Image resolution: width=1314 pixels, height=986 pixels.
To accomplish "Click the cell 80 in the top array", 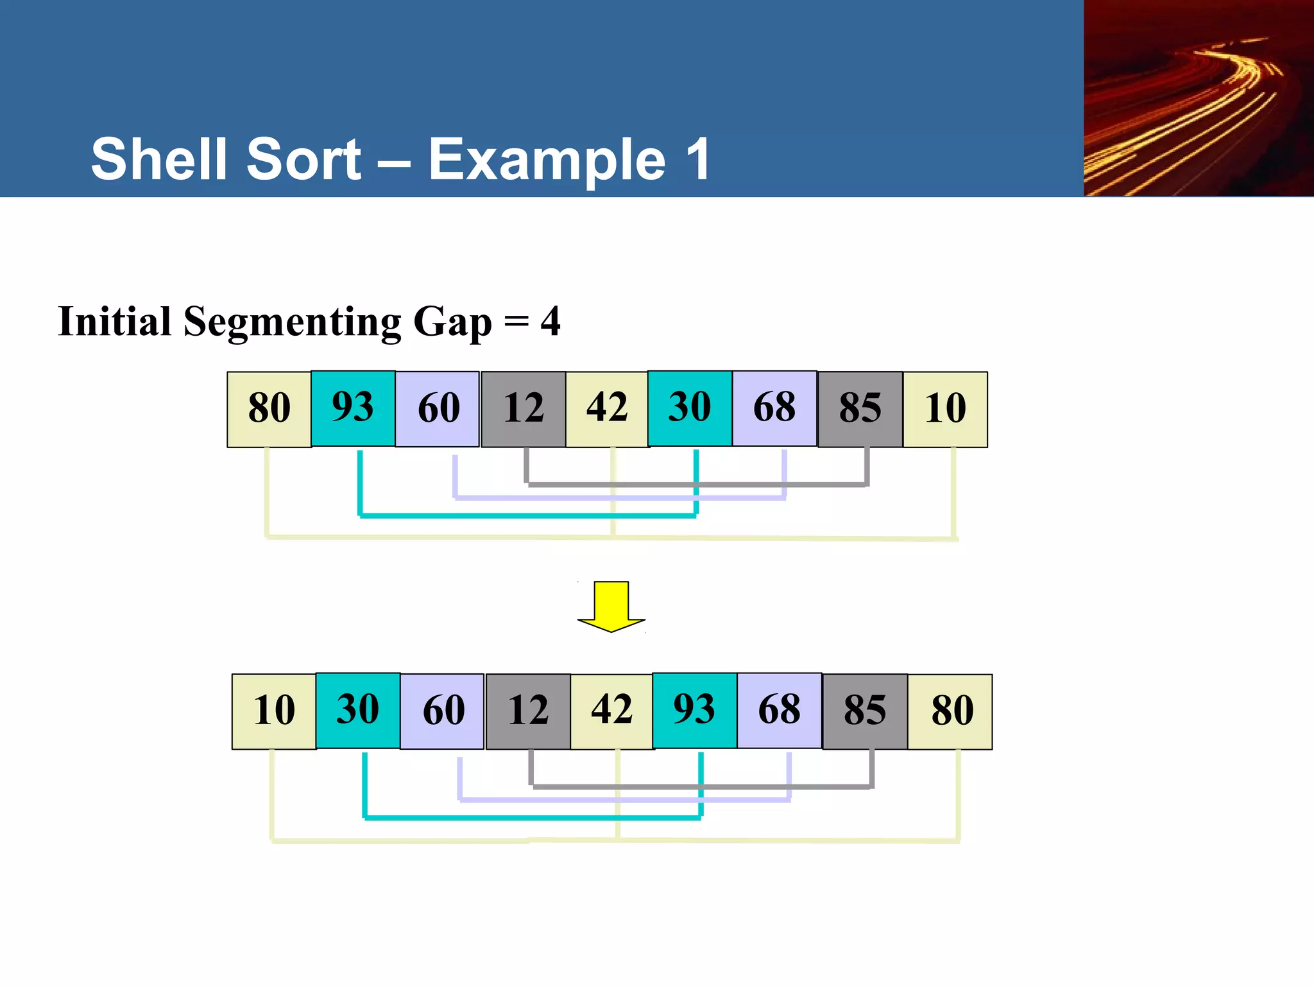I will tap(269, 409).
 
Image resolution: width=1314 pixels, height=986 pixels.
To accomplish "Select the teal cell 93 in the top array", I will tap(353, 408).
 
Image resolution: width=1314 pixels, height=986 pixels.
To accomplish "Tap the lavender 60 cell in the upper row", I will tap(438, 409).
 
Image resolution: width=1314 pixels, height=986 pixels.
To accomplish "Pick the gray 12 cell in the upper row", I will tap(523, 409).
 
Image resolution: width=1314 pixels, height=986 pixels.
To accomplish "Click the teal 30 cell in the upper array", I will tap(690, 408).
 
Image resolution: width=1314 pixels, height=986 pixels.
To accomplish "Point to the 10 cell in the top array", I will tap(945, 409).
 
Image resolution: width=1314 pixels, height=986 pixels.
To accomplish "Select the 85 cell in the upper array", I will tap(860, 409).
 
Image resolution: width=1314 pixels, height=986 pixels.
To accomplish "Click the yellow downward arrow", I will tap(611, 606).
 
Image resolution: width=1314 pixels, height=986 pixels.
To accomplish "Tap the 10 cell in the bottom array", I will tap(274, 711).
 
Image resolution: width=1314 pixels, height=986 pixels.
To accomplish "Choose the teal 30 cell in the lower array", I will tap(358, 711).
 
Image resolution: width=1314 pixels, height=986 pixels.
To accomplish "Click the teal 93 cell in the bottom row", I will tap(694, 711).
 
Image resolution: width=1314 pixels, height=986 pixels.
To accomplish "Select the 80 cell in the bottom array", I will tap(950, 711).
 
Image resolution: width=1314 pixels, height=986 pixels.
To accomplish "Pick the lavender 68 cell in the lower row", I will tap(779, 711).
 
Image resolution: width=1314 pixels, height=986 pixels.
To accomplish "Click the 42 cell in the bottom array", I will tap(611, 711).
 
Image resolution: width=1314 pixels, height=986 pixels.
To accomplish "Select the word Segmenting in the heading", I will tap(293, 322).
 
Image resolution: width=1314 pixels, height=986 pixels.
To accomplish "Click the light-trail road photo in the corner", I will tap(1198, 98).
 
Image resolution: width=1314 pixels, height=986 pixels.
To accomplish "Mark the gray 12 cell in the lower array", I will tap(528, 711).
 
